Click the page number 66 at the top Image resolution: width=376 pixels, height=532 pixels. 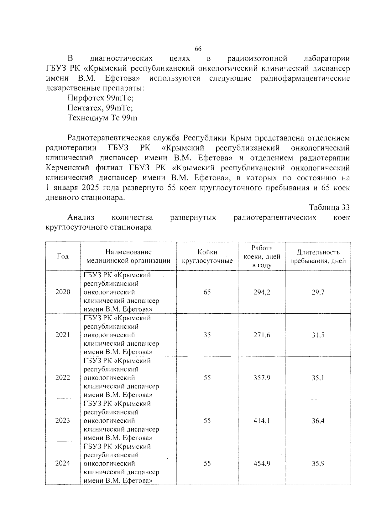198,49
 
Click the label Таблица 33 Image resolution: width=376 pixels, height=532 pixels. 329,207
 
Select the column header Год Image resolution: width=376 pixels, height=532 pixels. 63,256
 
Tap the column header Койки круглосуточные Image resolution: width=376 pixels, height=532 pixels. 207,256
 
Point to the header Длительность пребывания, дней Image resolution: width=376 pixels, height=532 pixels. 318,256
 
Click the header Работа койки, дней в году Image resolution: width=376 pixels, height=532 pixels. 262,256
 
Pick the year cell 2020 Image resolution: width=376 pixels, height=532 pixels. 63,292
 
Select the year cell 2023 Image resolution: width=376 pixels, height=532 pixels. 63,420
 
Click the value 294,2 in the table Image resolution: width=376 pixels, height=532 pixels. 262,292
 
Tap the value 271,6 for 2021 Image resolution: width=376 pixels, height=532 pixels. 262,335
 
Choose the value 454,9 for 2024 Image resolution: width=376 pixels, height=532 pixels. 262,463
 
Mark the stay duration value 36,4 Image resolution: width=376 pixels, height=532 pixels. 318,421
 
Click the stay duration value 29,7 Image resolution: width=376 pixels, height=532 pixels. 318,292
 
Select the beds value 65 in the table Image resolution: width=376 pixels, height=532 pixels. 207,292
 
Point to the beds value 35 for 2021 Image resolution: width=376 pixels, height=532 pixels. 207,335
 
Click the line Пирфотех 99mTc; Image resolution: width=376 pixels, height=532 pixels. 101,98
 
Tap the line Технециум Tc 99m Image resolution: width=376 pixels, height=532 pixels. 102,118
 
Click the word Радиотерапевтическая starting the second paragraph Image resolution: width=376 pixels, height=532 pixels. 108,138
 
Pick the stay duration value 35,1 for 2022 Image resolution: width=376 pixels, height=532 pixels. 318,378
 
